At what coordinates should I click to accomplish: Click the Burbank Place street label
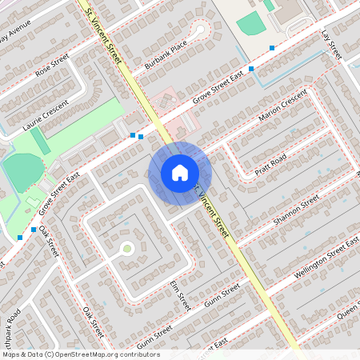click(166, 52)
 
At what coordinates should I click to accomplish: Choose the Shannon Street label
click(296, 209)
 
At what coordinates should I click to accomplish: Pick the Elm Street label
click(182, 295)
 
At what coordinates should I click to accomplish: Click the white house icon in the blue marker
click(180, 173)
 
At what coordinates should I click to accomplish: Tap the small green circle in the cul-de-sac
click(127, 249)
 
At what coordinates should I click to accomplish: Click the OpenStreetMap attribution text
click(80, 354)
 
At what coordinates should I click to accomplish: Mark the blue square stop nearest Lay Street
click(273, 49)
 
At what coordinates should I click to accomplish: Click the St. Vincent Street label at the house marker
click(212, 212)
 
